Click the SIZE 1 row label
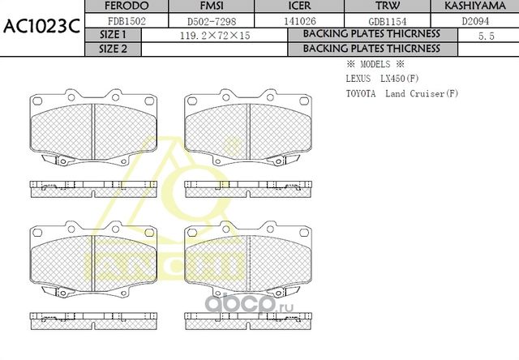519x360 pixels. pyautogui.click(x=113, y=35)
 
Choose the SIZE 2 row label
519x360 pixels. pyautogui.click(x=113, y=49)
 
